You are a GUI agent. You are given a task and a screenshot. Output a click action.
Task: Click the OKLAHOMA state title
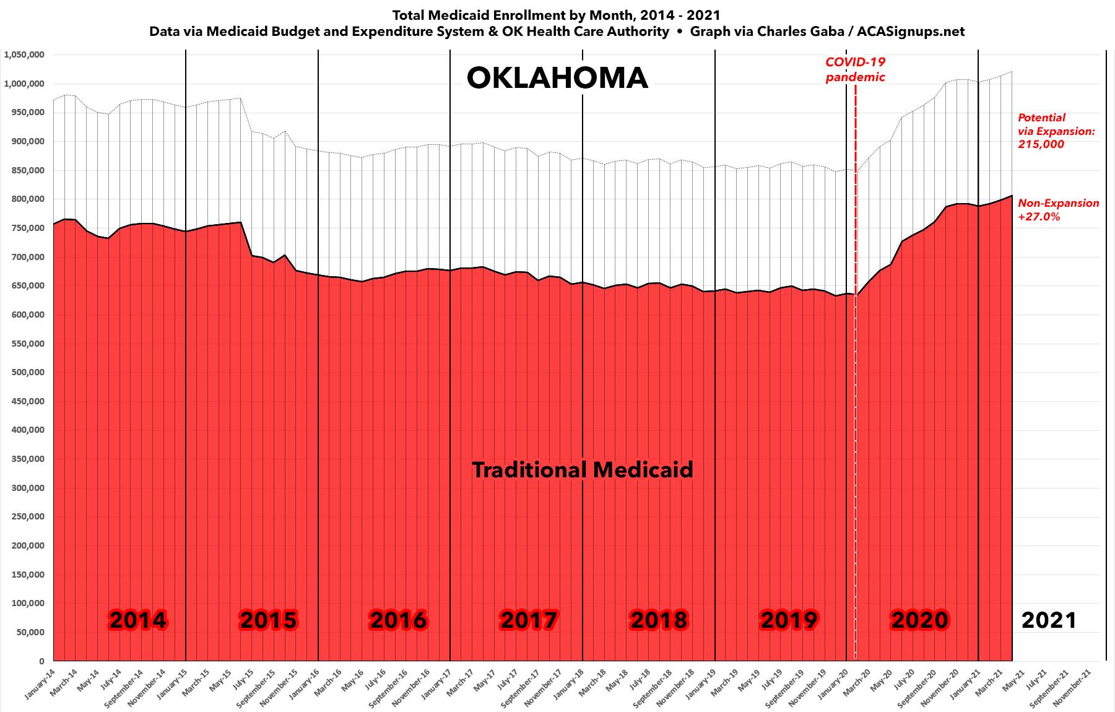pyautogui.click(x=557, y=79)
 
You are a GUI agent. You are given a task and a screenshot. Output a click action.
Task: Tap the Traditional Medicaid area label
pyautogui.click(x=583, y=470)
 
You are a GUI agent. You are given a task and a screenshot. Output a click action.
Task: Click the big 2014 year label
pyautogui.click(x=137, y=620)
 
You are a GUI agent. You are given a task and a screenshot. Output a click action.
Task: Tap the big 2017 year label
pyautogui.click(x=529, y=620)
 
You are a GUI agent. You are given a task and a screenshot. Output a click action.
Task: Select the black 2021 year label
pyautogui.click(x=1049, y=620)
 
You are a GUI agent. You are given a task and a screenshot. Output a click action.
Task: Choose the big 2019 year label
pyautogui.click(x=789, y=620)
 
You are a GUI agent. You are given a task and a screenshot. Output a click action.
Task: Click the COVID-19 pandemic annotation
pyautogui.click(x=855, y=70)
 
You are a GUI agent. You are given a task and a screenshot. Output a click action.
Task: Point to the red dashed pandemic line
pyautogui.click(x=856, y=371)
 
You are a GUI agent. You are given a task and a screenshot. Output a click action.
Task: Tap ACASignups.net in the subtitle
pyautogui.click(x=911, y=32)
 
